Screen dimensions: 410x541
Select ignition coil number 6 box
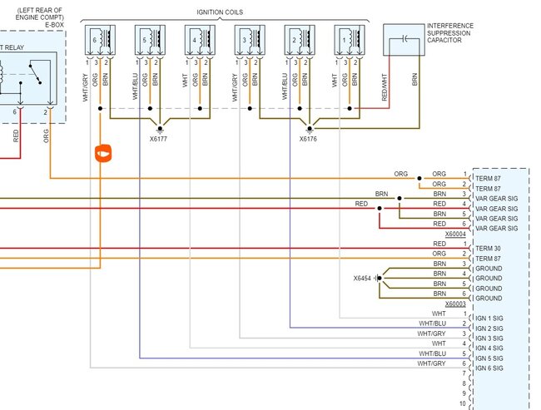coord(103,41)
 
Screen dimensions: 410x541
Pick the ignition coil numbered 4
coord(202,41)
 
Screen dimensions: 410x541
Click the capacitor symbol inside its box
coord(404,37)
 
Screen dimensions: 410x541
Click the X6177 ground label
coord(158,139)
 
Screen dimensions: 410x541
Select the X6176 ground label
coord(310,139)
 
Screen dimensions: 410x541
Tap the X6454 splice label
coord(363,278)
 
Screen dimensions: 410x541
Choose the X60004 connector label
coord(455,235)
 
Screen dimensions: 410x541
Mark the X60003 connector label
coord(455,304)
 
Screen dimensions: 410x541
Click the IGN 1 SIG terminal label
coord(490,319)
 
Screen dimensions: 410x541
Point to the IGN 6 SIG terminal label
coord(490,368)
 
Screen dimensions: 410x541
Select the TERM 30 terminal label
coord(488,249)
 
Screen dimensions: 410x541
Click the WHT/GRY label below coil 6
coord(86,90)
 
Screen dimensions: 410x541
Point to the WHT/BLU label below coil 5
coord(135,90)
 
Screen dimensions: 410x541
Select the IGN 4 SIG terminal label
coord(490,348)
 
